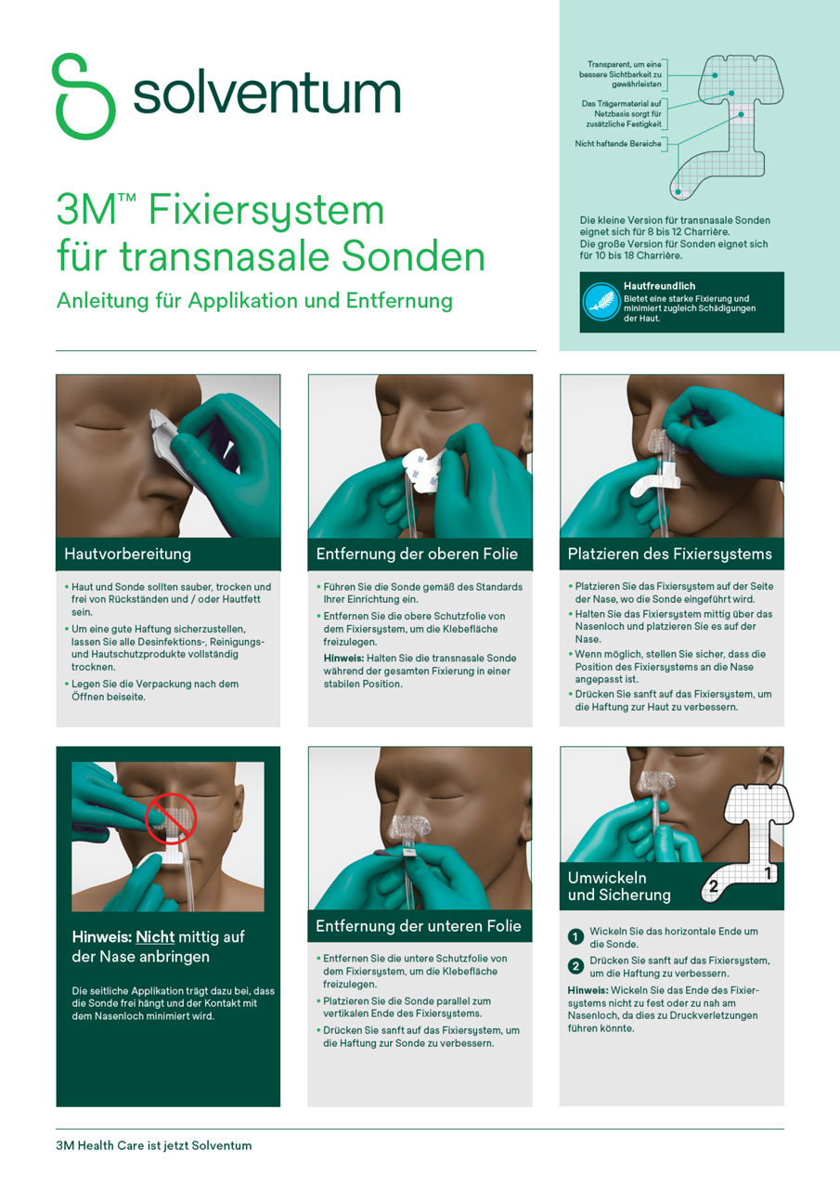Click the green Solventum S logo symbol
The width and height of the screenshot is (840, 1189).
click(84, 96)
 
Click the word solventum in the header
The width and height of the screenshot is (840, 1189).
click(266, 94)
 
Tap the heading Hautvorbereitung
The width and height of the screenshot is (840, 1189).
click(127, 555)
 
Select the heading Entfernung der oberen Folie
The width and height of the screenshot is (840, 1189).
click(417, 555)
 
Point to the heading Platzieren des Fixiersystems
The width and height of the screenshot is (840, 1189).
click(670, 555)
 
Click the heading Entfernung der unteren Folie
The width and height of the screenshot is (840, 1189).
click(419, 926)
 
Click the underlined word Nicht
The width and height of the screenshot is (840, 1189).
click(155, 937)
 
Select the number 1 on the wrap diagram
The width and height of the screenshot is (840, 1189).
click(768, 873)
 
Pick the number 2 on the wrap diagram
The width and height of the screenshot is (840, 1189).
click(713, 887)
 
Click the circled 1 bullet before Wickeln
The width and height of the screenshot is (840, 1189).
click(575, 936)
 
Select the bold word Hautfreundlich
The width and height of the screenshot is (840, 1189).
click(659, 286)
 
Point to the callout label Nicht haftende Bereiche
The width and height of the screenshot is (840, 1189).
click(618, 144)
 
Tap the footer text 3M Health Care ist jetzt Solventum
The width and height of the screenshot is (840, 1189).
click(153, 1145)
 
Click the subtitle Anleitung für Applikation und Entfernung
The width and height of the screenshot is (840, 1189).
click(254, 301)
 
